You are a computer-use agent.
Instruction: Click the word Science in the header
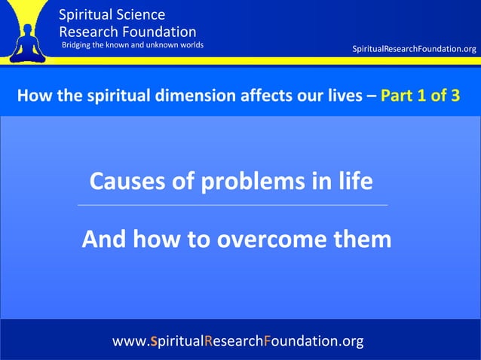coord(139,14)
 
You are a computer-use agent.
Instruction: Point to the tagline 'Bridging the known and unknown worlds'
coord(133,45)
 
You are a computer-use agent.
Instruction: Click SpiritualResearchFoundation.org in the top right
coord(414,49)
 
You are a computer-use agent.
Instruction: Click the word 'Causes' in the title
coord(124,182)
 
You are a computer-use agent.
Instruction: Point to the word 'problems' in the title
coord(250,182)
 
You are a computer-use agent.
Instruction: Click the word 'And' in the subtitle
coord(104,239)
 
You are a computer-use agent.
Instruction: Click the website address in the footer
coord(237,341)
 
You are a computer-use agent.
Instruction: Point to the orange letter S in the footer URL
coord(154,341)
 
